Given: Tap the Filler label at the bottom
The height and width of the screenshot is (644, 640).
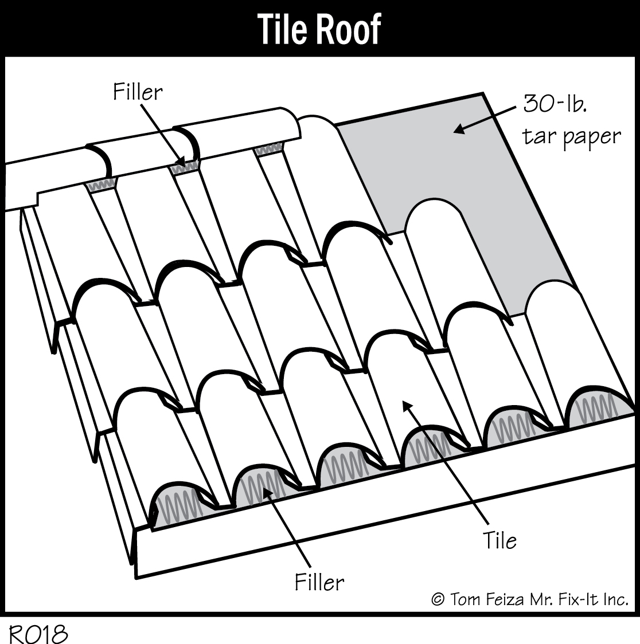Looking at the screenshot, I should click(319, 582).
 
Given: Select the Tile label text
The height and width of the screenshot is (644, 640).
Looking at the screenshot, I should click(499, 540).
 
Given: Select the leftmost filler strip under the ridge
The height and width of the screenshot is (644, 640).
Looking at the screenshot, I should click(101, 186).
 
